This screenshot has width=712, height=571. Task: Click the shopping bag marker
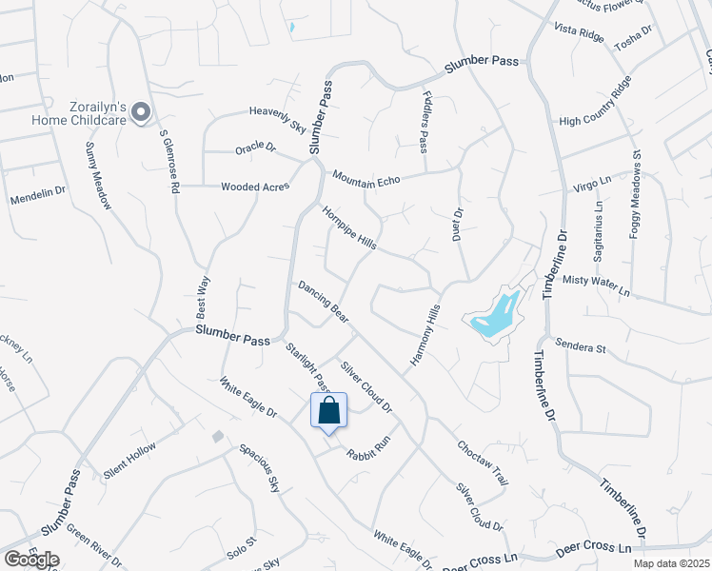[x=329, y=412]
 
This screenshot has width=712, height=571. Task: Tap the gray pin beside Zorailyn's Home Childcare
[x=141, y=113]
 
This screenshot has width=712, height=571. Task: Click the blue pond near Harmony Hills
[x=496, y=316]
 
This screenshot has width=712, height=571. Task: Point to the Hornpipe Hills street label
[x=348, y=228]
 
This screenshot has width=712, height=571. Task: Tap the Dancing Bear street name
[x=323, y=298]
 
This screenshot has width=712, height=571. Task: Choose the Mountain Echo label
[x=365, y=177]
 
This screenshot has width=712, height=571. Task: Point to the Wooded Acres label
[x=254, y=187]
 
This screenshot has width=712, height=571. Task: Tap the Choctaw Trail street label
[x=482, y=462]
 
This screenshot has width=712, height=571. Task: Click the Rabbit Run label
[x=368, y=443]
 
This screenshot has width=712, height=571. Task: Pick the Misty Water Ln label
[x=597, y=284]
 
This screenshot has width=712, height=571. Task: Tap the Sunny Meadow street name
[x=98, y=168]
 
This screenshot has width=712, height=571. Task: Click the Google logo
[x=30, y=560]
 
